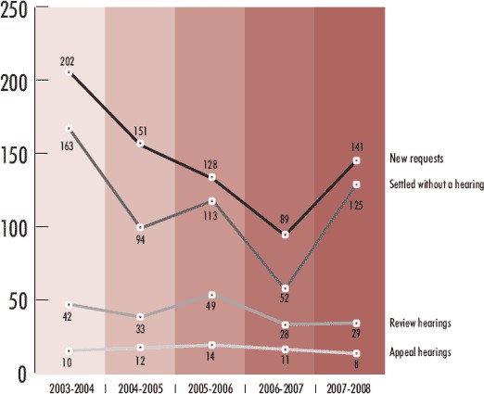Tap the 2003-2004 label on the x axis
point(68,385)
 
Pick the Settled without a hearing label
point(434,184)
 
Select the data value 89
point(285,218)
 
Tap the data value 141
point(356,146)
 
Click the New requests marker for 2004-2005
point(140,145)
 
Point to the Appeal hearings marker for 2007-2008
point(355,354)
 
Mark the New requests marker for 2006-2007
point(285,235)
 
